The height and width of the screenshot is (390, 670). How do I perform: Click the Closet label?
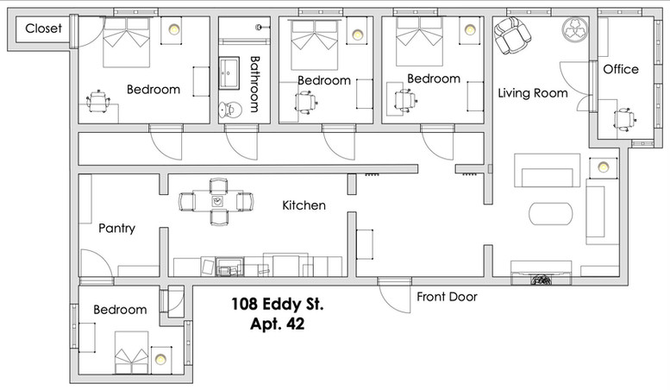(x=43, y=28)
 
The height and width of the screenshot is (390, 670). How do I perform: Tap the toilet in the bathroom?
(x=230, y=110)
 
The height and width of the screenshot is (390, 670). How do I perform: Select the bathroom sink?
(x=229, y=72)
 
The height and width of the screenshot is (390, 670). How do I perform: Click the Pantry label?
(x=116, y=228)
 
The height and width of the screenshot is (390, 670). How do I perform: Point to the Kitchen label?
(x=304, y=205)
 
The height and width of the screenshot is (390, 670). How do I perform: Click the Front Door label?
(x=447, y=297)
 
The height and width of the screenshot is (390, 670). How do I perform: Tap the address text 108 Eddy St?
(x=278, y=304)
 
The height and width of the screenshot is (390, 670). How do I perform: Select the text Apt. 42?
(x=278, y=324)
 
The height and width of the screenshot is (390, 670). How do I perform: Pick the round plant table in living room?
(x=574, y=29)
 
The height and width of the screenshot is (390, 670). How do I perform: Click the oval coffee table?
(x=550, y=214)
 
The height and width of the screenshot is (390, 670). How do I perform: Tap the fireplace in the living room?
(x=542, y=274)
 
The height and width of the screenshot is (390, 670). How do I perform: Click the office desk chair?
(x=624, y=118)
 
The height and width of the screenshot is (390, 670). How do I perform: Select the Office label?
(x=621, y=69)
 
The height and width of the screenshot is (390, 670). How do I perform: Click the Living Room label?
(x=533, y=93)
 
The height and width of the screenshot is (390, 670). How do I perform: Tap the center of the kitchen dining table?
(x=217, y=201)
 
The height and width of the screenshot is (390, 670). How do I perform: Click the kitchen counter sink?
(x=229, y=267)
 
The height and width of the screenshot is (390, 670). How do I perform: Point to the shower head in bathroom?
(x=260, y=28)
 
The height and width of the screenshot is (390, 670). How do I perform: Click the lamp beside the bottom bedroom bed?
(x=160, y=359)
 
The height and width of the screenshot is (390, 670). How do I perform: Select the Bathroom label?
(x=254, y=85)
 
